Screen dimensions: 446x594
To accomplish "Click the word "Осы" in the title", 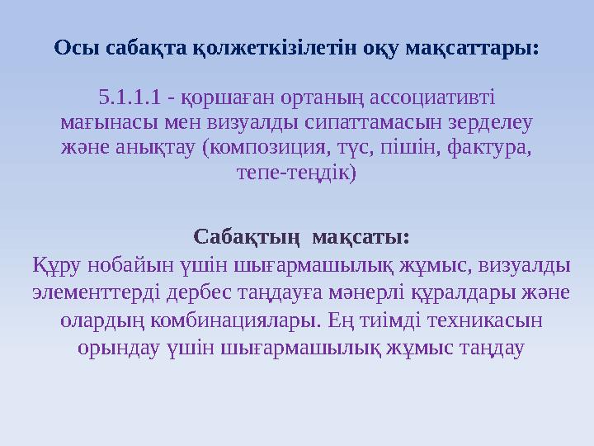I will coord(70,47).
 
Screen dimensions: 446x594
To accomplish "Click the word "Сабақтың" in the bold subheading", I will coord(239,237).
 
